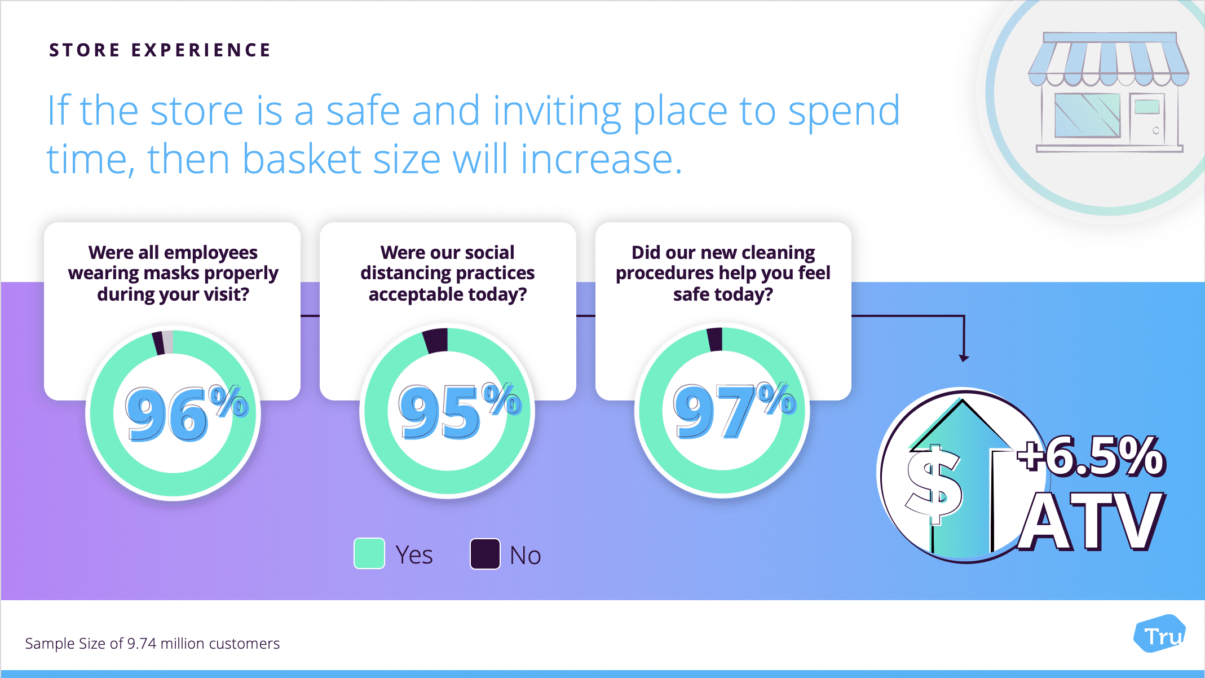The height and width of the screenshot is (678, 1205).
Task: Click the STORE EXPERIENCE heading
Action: click(x=160, y=50)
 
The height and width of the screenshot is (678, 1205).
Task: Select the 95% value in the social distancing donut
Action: click(x=460, y=411)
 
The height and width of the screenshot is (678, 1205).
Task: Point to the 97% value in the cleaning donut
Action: click(x=734, y=410)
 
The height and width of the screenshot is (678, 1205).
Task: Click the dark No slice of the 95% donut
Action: click(x=436, y=341)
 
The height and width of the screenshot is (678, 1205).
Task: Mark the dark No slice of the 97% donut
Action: click(x=715, y=339)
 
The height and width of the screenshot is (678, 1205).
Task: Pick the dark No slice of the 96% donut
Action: click(x=159, y=343)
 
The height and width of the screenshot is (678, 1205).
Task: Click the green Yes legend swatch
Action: click(x=369, y=553)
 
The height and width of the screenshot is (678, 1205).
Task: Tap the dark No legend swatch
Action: click(x=485, y=554)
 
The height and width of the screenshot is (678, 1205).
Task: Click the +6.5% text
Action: click(x=1091, y=456)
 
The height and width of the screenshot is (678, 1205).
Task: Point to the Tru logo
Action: click(x=1160, y=634)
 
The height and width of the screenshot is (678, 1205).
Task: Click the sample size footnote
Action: click(x=152, y=644)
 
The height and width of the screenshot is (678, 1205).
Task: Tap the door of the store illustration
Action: click(x=1147, y=119)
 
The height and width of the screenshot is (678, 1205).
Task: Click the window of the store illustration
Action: click(x=1087, y=115)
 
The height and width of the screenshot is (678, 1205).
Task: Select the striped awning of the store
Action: click(x=1109, y=59)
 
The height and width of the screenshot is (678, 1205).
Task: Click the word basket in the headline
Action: click(x=302, y=159)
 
